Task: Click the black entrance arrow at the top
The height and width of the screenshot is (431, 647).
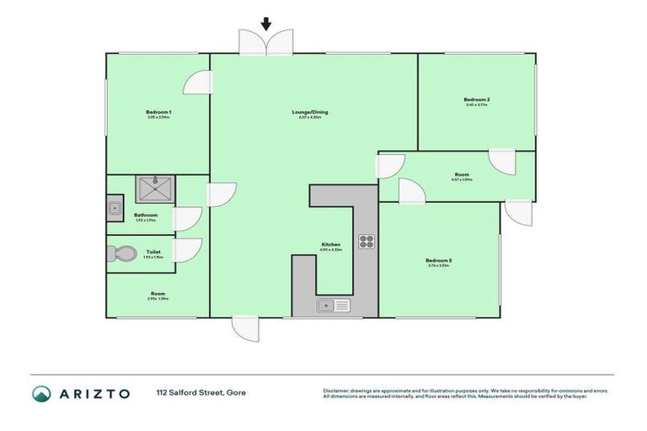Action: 267,24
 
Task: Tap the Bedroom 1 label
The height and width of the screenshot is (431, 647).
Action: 158,112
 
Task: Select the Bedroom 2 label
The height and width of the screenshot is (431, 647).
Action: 476,99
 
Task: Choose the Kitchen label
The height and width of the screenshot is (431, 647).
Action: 330,244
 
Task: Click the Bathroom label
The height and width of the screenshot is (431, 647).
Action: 146,215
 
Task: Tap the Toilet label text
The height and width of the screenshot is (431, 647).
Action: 152,251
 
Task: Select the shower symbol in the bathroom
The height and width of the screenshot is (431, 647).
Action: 155,189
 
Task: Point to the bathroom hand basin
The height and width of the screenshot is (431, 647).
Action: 115,207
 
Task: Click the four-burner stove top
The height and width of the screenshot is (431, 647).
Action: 366,242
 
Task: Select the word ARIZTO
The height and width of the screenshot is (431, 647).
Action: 94,393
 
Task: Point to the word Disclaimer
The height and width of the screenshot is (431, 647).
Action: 338,391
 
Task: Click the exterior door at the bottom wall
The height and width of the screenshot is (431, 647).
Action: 245,328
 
